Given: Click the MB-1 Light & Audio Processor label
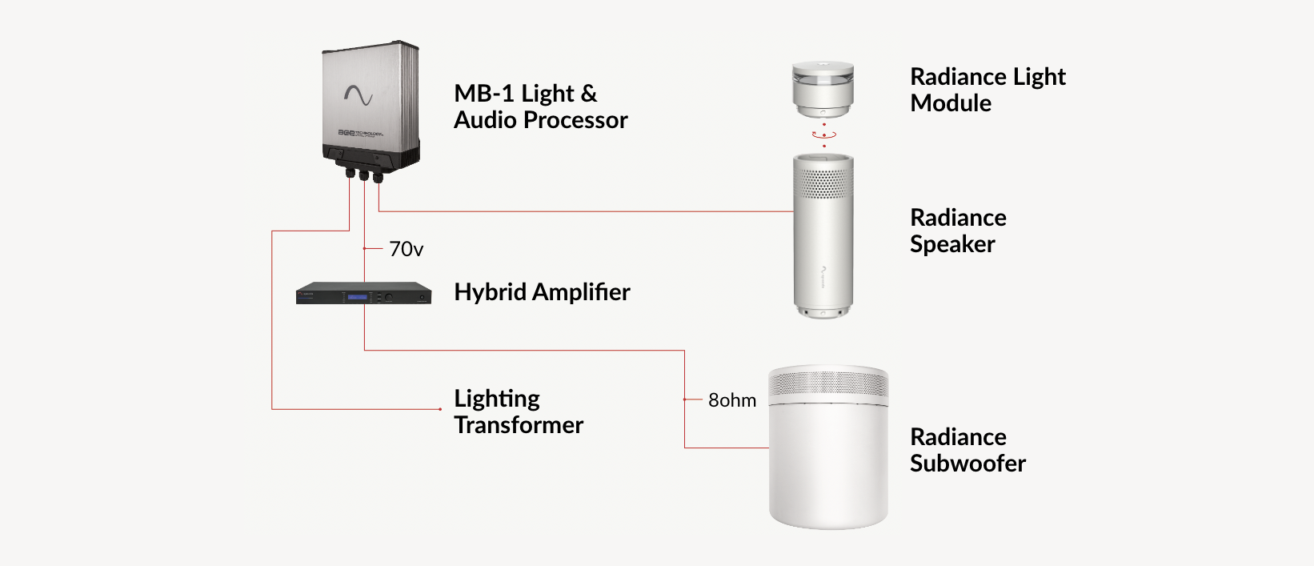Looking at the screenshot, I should [x=540, y=106].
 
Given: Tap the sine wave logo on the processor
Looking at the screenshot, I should [x=358, y=96].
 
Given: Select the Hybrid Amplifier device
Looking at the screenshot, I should [x=363, y=293].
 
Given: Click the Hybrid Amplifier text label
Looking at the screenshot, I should [x=542, y=292].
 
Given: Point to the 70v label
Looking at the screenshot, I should [x=406, y=250].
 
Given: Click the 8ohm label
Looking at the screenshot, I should [x=731, y=400].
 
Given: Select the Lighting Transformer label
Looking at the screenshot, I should [x=518, y=411].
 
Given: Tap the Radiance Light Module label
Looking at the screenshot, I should [x=988, y=90].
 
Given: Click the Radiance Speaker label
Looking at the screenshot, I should [x=957, y=231].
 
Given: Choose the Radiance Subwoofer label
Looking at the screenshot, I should [x=967, y=450].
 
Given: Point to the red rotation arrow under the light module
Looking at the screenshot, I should [x=823, y=135].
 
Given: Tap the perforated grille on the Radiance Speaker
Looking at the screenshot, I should [x=823, y=183].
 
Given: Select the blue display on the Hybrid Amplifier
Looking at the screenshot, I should [x=357, y=297].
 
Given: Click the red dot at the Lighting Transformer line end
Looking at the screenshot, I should [x=440, y=409].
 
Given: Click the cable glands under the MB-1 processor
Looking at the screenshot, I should [x=363, y=175].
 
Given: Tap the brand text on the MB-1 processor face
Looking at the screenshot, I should [x=360, y=133].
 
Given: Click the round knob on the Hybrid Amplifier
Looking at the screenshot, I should [x=388, y=297].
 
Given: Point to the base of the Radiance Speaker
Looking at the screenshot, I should [x=823, y=311].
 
